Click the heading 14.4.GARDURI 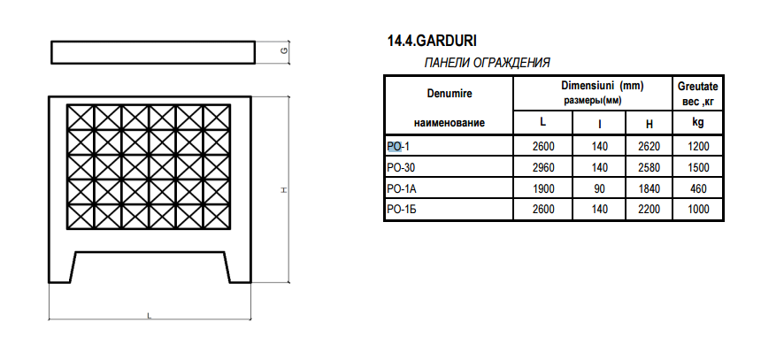[x=432, y=41]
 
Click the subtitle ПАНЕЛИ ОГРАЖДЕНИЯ [x=487, y=63]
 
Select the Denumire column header [x=450, y=94]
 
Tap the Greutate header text [x=698, y=86]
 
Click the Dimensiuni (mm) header [x=602, y=86]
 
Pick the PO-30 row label [x=401, y=168]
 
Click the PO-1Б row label [x=402, y=209]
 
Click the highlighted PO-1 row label [x=398, y=147]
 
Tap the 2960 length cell [x=542, y=168]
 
